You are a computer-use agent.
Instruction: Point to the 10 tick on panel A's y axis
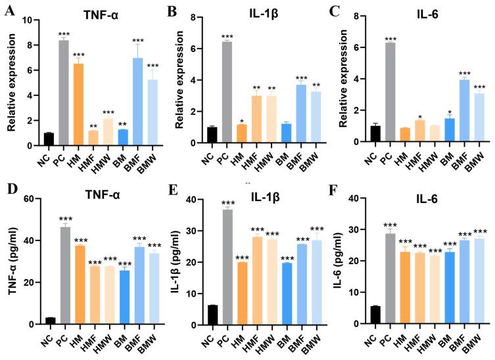(28, 20)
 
